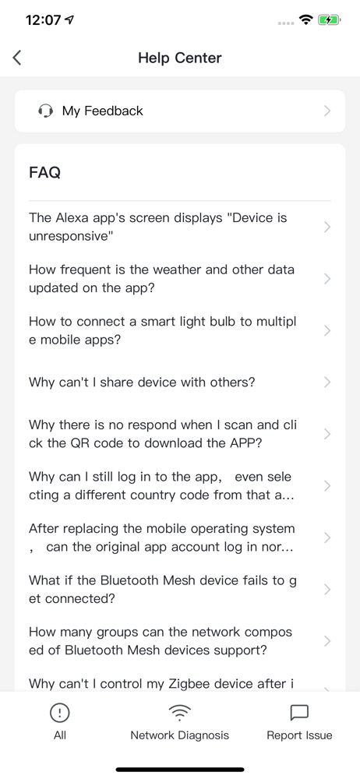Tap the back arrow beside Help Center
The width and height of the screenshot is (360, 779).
[17, 58]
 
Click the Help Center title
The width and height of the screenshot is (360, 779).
[180, 58]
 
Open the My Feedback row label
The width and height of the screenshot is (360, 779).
[102, 111]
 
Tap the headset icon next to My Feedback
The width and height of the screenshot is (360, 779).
[45, 111]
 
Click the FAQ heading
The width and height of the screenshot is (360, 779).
[44, 172]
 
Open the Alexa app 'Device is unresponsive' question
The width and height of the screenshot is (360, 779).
[158, 227]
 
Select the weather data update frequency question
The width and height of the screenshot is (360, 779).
[161, 279]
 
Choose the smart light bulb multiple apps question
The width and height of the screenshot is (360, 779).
[163, 330]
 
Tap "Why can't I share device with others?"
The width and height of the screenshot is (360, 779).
[143, 382]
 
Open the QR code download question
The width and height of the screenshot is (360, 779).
[164, 434]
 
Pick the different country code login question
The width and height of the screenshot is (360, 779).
[161, 486]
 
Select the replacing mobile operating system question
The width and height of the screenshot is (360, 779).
[162, 538]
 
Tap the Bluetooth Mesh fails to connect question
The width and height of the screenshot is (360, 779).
[163, 589]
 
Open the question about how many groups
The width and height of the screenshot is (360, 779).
[161, 641]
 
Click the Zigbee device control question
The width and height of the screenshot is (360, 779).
[161, 684]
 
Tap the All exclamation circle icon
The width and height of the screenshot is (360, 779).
[60, 714]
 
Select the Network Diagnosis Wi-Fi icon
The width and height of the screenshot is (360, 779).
[179, 714]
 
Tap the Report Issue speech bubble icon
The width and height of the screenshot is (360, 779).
[299, 714]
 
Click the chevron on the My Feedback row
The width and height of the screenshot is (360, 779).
[327, 111]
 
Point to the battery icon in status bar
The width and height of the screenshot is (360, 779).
[329, 20]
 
